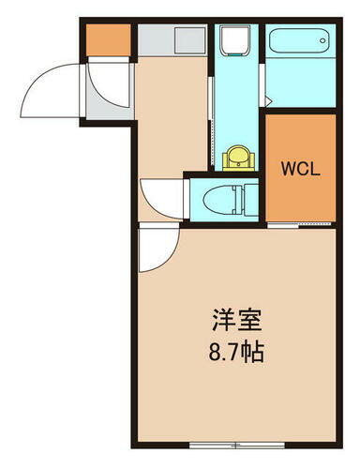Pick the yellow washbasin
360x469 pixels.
[238, 156]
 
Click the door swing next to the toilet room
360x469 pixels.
[164, 198]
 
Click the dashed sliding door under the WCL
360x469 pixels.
[299, 226]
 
